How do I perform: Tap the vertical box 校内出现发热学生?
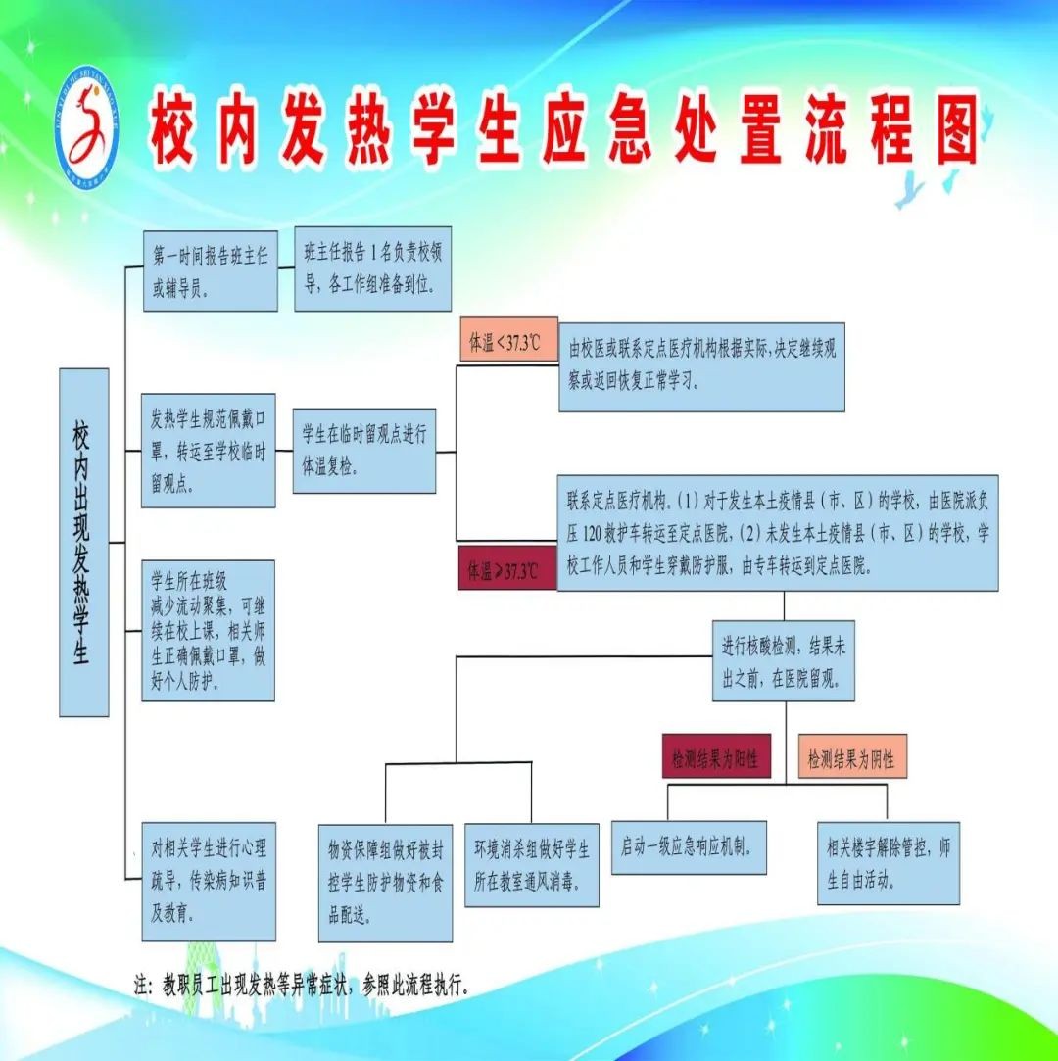point(83,542)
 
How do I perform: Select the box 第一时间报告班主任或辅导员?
point(209,271)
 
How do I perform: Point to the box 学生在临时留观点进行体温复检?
point(363,451)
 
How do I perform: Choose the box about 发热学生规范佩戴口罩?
point(208,451)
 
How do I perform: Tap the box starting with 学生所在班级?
point(208,629)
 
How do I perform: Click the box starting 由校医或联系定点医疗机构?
point(700,366)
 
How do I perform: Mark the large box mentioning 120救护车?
point(777,534)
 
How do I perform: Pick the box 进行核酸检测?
point(783,660)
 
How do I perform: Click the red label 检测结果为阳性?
point(716,756)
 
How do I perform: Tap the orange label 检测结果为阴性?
point(851,756)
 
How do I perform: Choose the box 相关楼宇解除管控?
point(889,862)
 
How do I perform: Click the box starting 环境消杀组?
point(531,864)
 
